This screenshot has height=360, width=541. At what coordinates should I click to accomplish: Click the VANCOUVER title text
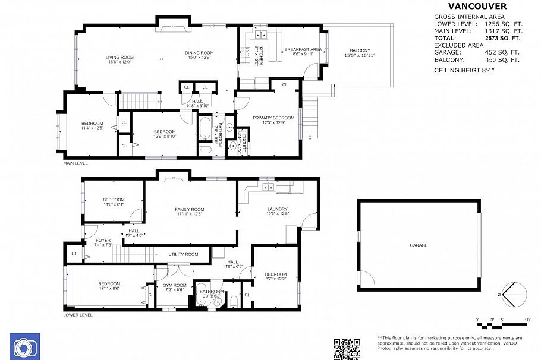point(477,7)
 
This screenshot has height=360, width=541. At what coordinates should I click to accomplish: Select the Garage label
point(418,245)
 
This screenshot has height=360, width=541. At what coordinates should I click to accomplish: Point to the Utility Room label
point(183,254)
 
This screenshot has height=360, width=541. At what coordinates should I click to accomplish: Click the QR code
point(347,349)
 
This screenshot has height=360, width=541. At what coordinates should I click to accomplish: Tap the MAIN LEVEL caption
point(76,162)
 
